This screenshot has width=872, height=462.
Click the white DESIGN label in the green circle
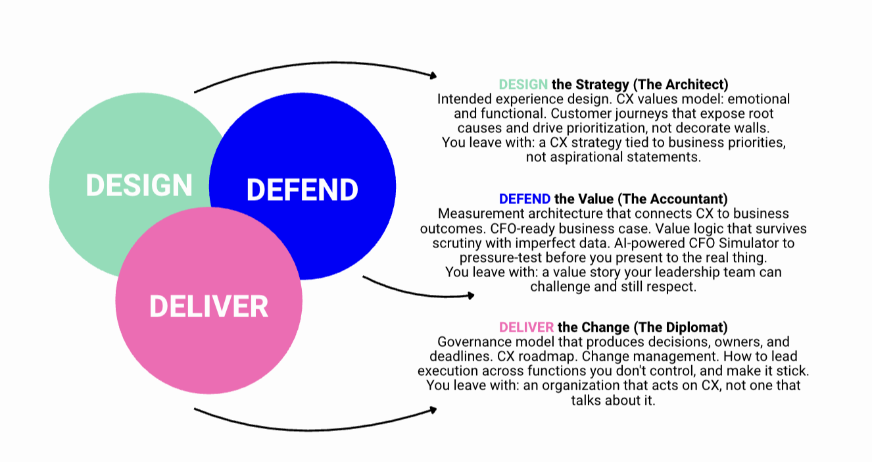pos(139,185)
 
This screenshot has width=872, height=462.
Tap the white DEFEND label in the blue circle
pos(302,190)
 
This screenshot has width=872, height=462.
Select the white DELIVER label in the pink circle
pos(208,307)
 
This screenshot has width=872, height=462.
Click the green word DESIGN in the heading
pos(523,85)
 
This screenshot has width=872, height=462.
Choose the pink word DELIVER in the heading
pos(526,328)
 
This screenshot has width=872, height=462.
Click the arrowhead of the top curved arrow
pos(433,75)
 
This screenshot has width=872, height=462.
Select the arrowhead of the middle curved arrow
pos(470,295)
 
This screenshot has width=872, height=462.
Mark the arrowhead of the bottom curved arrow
pos(433,410)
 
